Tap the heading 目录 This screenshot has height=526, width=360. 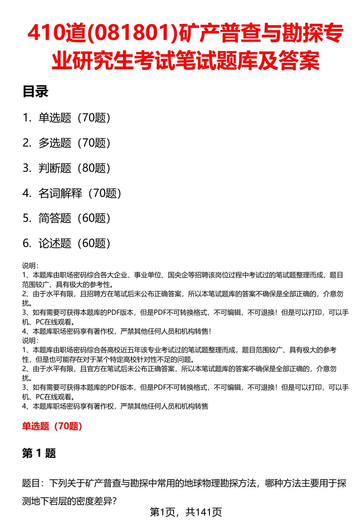coord(35,92)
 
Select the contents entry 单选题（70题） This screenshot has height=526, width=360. coord(74,118)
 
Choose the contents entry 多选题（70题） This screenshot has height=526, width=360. coord(74,143)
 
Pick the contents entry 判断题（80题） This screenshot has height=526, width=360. coord(74,168)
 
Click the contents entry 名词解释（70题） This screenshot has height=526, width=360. coord(80,193)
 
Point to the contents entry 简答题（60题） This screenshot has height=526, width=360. coord(74,218)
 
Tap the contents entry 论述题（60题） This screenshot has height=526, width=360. coord(74,243)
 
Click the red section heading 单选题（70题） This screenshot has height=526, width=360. coord(52,426)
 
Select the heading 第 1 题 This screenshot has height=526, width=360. coord(39,453)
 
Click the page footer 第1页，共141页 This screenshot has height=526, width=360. coord(186,512)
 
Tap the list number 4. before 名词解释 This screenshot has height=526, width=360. coord(27,194)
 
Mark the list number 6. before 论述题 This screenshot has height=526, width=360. coord(27,244)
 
